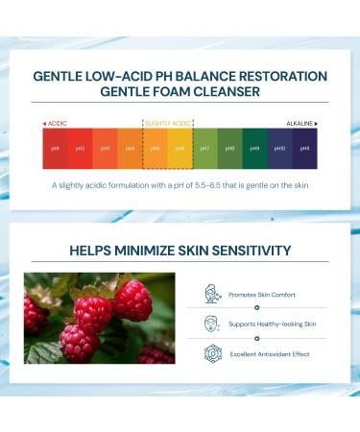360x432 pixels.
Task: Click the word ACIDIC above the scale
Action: coord(57,124)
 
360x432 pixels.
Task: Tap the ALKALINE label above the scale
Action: coord(300,124)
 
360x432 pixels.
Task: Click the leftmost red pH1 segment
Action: coord(54,149)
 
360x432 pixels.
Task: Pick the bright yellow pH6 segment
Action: coord(180,149)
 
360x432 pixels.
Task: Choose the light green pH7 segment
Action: coord(204,149)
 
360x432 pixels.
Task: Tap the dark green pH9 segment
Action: coord(254,149)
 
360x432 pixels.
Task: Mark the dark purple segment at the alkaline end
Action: coord(304,149)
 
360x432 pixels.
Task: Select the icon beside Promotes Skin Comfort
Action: coord(212,293)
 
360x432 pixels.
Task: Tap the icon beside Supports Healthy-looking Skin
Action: coord(212,323)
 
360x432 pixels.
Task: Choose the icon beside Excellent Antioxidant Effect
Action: coord(212,353)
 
